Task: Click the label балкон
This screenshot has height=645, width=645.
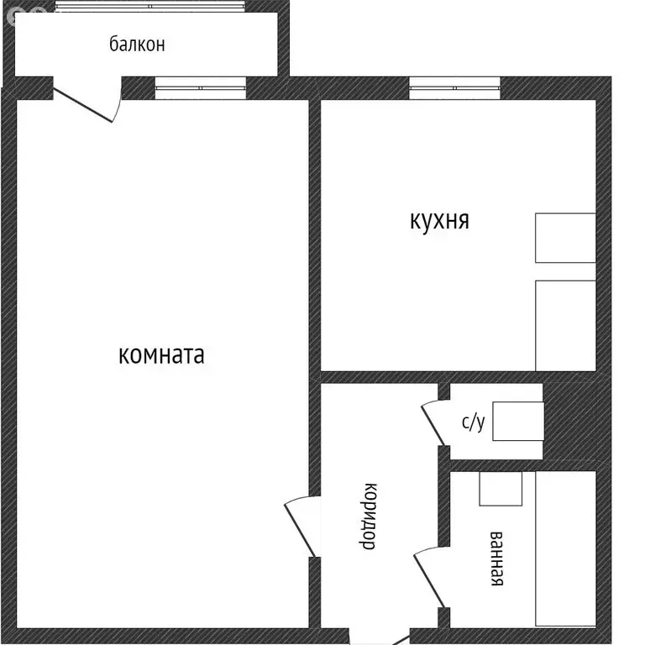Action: point(137,45)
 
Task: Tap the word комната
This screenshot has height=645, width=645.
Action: point(162,355)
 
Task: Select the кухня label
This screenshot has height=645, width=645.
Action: point(439,221)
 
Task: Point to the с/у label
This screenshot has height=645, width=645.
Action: point(473,422)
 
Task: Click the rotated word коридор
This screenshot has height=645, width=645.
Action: point(368,516)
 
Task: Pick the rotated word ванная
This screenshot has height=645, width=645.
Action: point(496,558)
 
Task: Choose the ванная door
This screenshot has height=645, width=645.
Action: point(428,576)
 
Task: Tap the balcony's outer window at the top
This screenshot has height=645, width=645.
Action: point(151,6)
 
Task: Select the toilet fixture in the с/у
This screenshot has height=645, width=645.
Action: point(517,422)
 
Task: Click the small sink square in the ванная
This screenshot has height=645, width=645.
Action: point(501,488)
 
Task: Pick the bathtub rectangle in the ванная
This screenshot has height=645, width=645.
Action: point(565,548)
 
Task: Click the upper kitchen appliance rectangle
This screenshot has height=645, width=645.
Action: point(565,238)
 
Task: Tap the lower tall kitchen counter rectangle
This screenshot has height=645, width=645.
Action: point(565,325)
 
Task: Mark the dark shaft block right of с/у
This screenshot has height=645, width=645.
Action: point(569,422)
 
